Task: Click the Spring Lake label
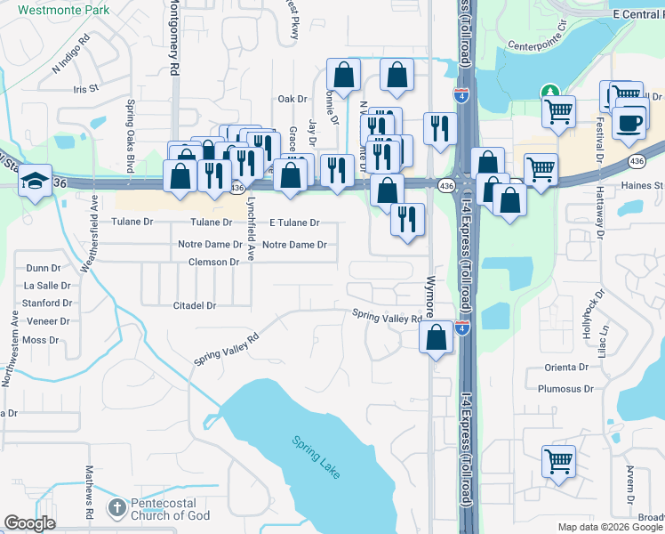point(315,455)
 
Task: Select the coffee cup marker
point(630,124)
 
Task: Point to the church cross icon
point(116,508)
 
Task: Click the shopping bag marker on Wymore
point(436,338)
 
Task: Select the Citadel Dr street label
point(196,305)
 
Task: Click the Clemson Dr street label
point(213,263)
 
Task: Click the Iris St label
point(85,89)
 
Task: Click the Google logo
point(30,523)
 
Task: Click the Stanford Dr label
point(42,303)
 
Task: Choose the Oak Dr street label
point(292,99)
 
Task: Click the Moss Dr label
point(40,340)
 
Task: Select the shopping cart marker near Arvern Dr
point(558,461)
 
